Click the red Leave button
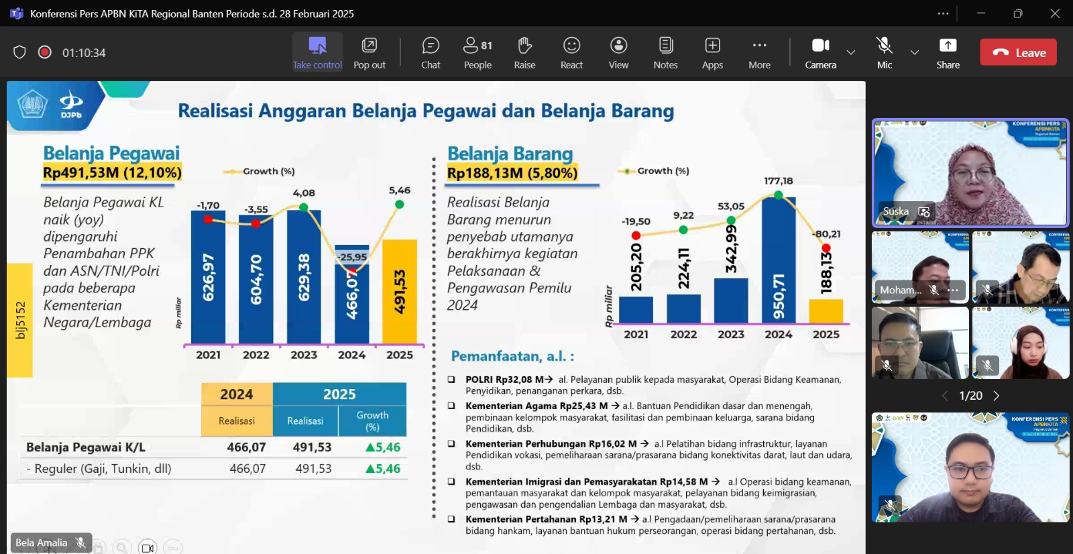click(1018, 52)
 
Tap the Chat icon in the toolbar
click(431, 53)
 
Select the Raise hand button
click(524, 53)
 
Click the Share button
click(948, 53)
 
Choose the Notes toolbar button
click(665, 53)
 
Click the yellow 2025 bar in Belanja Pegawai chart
click(400, 292)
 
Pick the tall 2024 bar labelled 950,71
click(779, 261)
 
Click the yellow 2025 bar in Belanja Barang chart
click(826, 311)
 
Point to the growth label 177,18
click(778, 181)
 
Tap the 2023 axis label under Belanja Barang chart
click(731, 335)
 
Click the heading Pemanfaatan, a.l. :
click(512, 356)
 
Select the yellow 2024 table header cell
click(237, 394)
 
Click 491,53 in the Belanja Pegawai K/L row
click(312, 447)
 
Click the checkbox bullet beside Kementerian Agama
click(451, 406)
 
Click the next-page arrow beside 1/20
click(997, 396)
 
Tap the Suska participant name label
click(896, 212)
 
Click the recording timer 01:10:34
click(84, 53)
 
